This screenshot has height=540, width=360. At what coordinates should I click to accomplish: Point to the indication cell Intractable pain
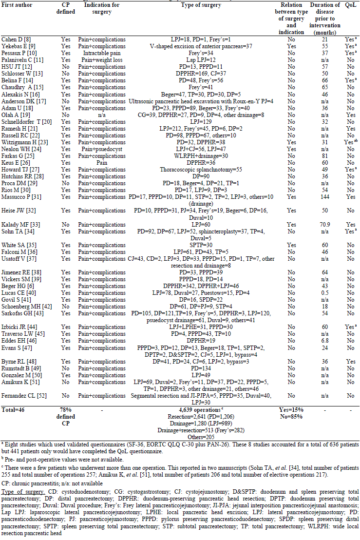(x=102, y=52)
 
